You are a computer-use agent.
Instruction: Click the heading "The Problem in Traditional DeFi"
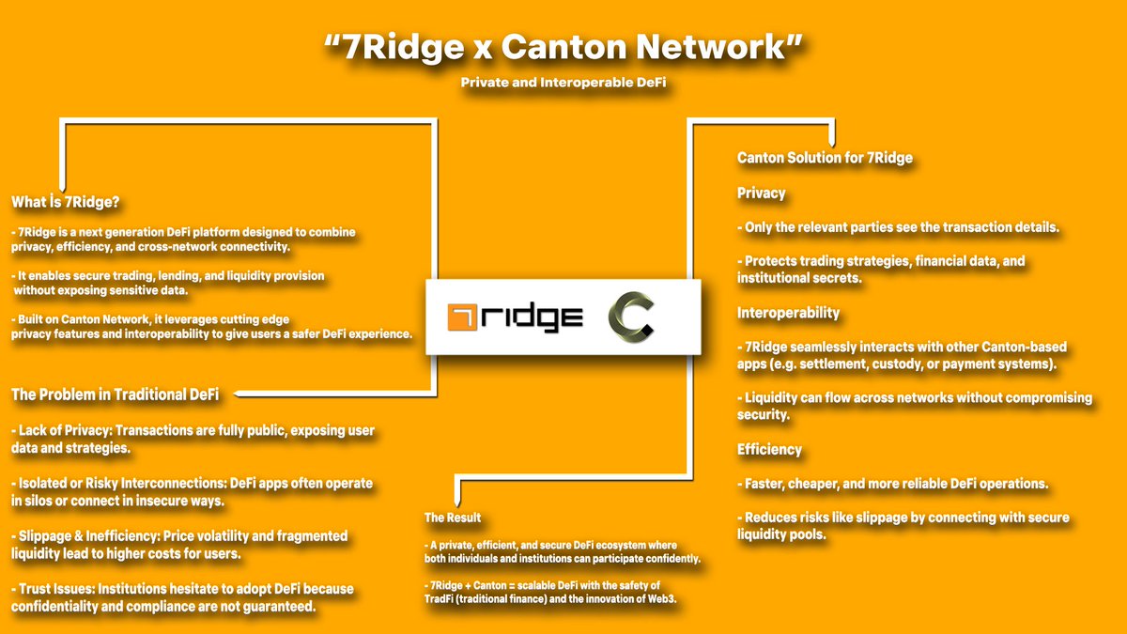[115, 394]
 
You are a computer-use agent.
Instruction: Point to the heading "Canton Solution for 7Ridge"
[825, 158]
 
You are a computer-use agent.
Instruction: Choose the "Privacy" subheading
[761, 193]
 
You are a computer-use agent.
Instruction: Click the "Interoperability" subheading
[788, 312]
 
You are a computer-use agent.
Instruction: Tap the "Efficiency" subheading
[769, 449]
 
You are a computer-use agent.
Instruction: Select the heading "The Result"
[452, 518]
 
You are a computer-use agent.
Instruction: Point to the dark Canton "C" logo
[630, 317]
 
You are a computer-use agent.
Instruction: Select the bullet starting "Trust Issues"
[183, 597]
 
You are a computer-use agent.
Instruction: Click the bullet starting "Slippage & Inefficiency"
[179, 545]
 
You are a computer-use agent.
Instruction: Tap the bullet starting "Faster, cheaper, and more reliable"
[892, 484]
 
